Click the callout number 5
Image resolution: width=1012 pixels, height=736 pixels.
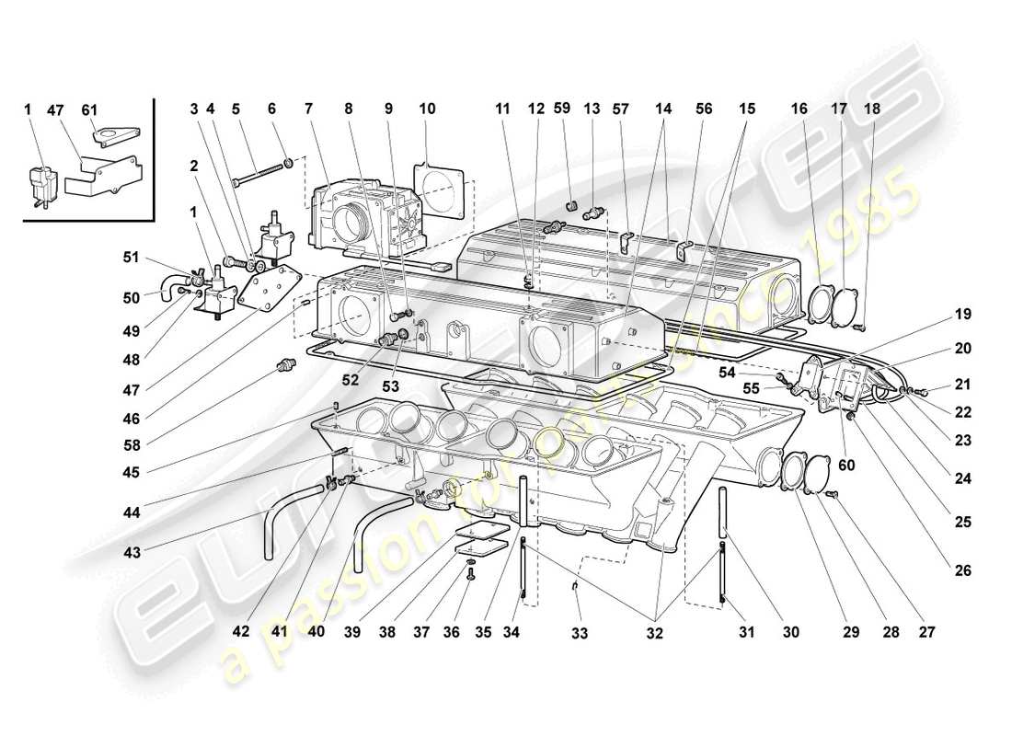(236, 109)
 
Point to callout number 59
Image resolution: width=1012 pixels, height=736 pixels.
(563, 109)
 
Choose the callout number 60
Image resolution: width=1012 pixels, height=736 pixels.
(845, 466)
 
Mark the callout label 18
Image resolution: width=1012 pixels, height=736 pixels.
(871, 109)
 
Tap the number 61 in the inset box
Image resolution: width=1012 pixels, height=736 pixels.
(88, 109)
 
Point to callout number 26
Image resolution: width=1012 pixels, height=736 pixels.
(962, 570)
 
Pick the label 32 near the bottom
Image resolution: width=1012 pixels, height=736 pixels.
(654, 633)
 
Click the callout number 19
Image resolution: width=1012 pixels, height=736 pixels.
(962, 315)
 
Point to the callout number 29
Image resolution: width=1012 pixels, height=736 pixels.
(849, 633)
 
